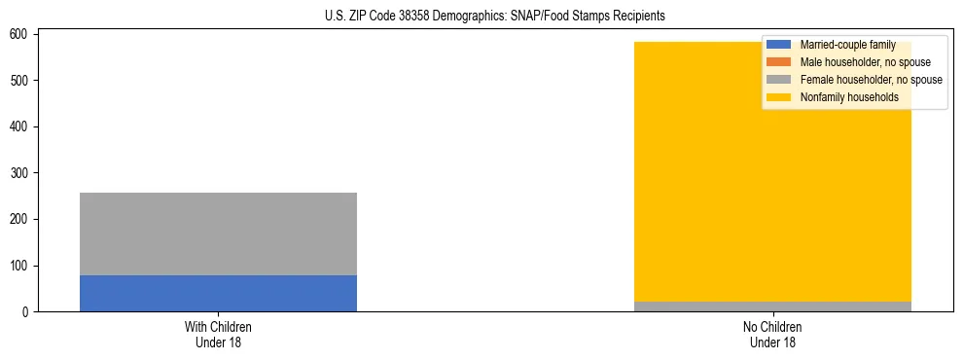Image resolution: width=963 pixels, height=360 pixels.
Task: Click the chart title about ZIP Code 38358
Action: (495, 17)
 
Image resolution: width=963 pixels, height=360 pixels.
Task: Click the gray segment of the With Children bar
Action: (218, 234)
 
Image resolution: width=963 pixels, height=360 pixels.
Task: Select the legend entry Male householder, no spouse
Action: (865, 62)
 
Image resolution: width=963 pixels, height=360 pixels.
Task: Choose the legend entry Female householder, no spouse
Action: (871, 80)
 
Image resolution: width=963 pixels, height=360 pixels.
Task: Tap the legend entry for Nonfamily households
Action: (849, 97)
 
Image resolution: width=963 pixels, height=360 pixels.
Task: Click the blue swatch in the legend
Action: (779, 45)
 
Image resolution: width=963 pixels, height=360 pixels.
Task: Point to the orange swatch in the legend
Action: (779, 62)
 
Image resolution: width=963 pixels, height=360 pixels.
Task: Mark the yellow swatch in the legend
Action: (779, 97)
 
